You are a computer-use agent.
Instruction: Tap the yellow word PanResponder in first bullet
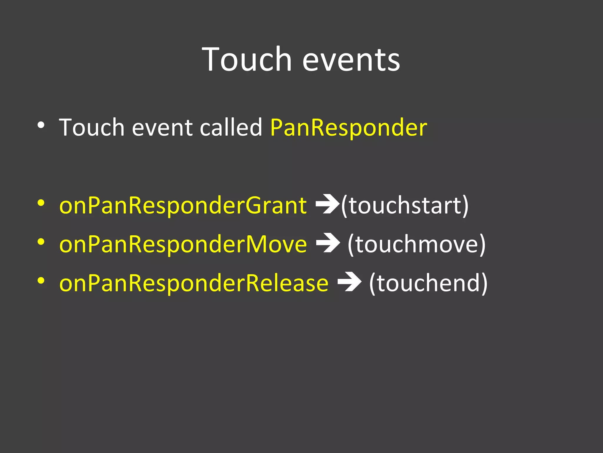point(349,128)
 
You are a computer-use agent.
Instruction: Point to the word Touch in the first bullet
point(92,127)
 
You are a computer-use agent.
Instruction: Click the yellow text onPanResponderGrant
point(183,206)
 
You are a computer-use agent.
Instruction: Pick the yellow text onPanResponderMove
point(183,244)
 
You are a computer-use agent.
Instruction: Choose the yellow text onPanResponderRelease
point(194,283)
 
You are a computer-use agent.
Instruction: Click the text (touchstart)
point(405,206)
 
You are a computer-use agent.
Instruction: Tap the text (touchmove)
point(416,244)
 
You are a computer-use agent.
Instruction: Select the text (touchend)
point(428,283)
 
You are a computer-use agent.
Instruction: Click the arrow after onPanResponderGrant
point(327,204)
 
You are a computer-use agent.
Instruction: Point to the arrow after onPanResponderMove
point(328,243)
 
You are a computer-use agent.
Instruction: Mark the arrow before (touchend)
point(349,282)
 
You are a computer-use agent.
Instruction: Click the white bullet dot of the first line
point(41,125)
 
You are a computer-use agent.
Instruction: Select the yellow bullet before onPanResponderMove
point(41,242)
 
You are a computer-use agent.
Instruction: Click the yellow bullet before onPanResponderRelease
point(41,281)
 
